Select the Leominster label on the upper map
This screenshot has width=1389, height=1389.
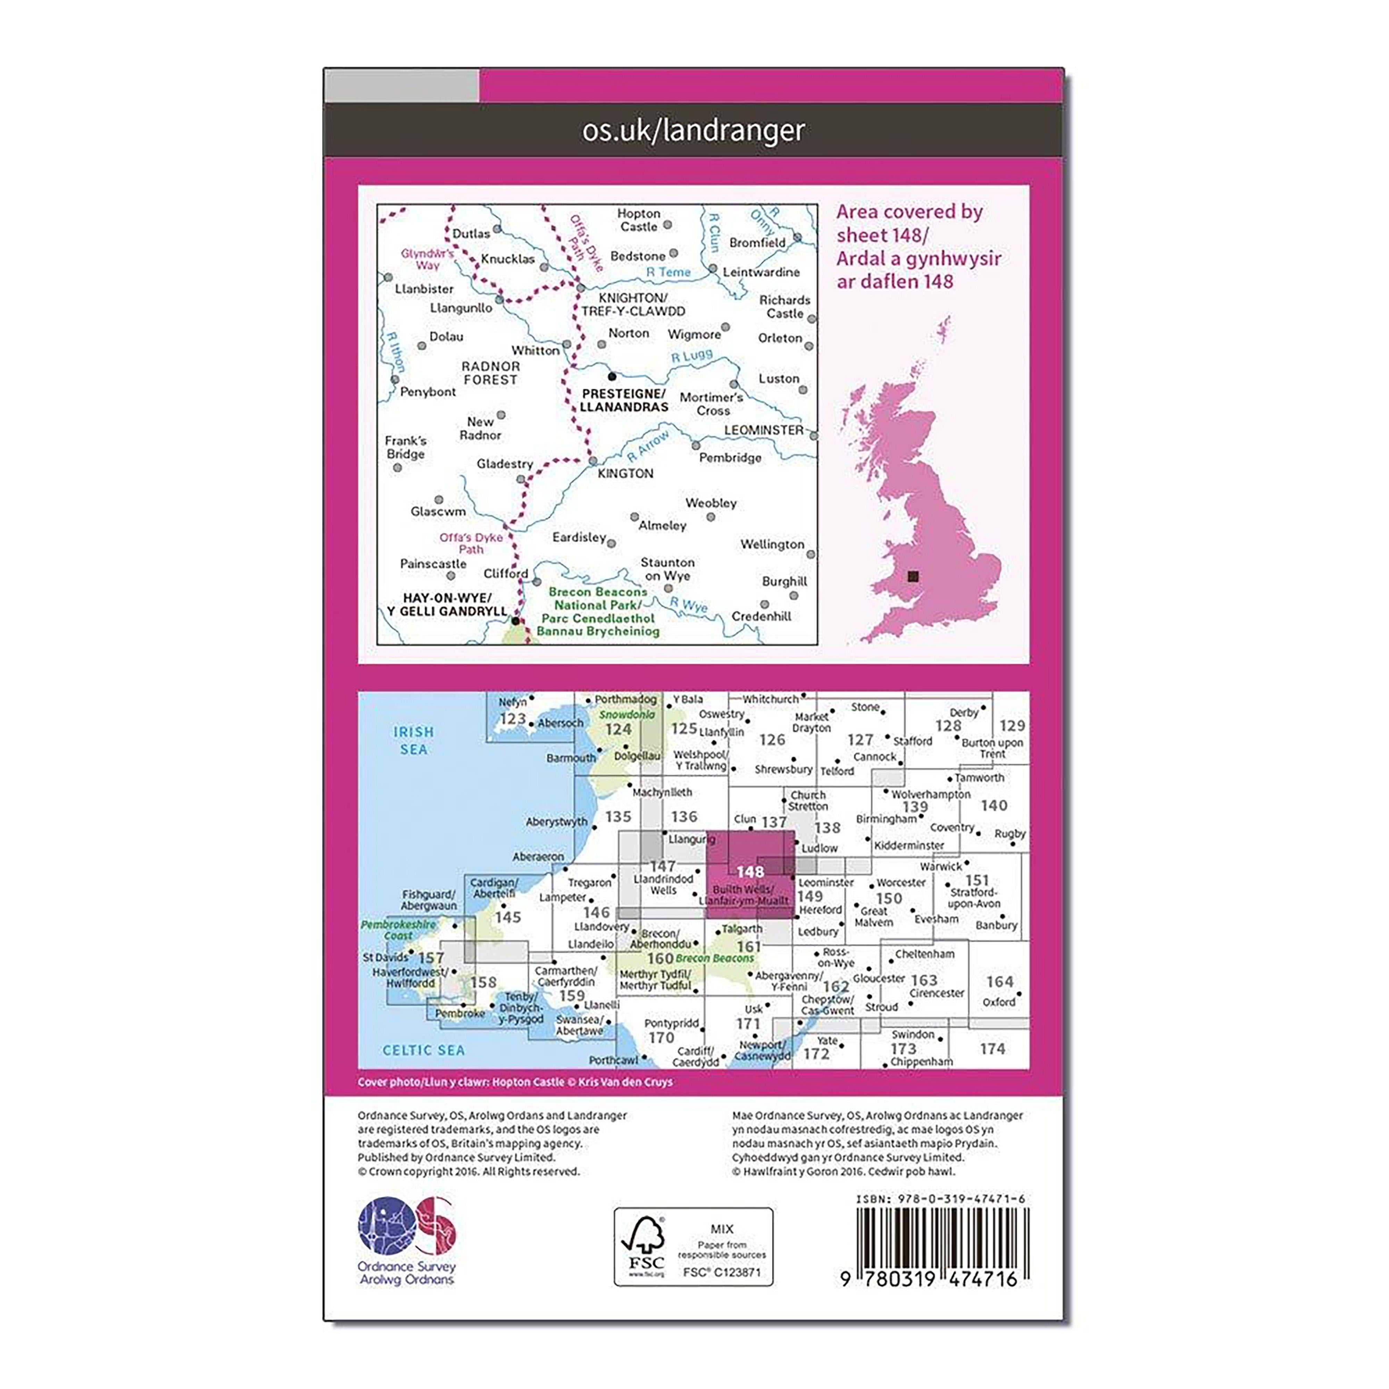click(x=764, y=430)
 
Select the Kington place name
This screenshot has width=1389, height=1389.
click(x=625, y=473)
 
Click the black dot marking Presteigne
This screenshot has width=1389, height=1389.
click(x=612, y=376)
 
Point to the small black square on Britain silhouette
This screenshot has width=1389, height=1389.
click(x=913, y=576)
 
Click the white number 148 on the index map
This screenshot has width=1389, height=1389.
click(x=750, y=871)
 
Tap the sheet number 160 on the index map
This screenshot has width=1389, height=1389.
click(x=659, y=958)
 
